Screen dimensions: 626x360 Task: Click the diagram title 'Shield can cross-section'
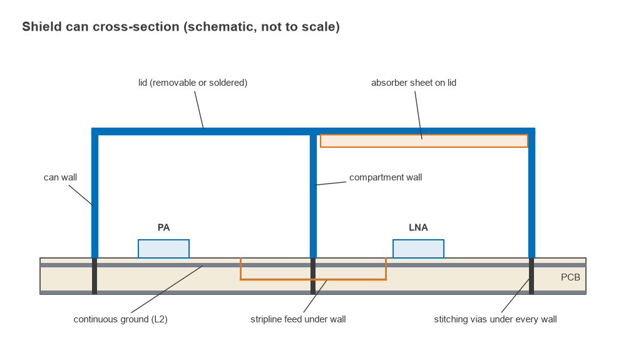pyautogui.click(x=181, y=27)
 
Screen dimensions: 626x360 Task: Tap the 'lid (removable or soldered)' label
pyautogui.click(x=193, y=83)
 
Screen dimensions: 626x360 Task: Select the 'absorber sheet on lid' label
pyautogui.click(x=414, y=83)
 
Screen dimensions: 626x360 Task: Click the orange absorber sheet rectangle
pyautogui.click(x=424, y=141)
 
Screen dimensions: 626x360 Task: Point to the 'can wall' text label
pyautogui.click(x=60, y=177)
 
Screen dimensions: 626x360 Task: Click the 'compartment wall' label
pyautogui.click(x=386, y=177)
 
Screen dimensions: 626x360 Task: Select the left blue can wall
pyautogui.click(x=95, y=193)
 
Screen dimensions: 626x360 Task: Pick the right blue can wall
pyautogui.click(x=531, y=193)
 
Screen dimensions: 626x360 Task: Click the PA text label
pyautogui.click(x=163, y=227)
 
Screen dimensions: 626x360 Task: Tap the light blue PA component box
pyautogui.click(x=163, y=249)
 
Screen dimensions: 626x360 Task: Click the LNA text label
pyautogui.click(x=418, y=227)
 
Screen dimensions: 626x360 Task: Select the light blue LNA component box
pyautogui.click(x=418, y=249)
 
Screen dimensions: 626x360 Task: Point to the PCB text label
pyautogui.click(x=570, y=277)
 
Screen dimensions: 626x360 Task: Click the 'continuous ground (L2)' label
pyautogui.click(x=121, y=319)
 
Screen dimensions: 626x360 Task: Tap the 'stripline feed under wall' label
pyautogui.click(x=298, y=319)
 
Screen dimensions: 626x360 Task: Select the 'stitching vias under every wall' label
pyautogui.click(x=495, y=319)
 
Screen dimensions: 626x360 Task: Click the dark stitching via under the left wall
pyautogui.click(x=95, y=276)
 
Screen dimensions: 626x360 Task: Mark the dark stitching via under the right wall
pyautogui.click(x=531, y=276)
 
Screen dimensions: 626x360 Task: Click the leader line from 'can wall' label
pyautogui.click(x=81, y=195)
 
